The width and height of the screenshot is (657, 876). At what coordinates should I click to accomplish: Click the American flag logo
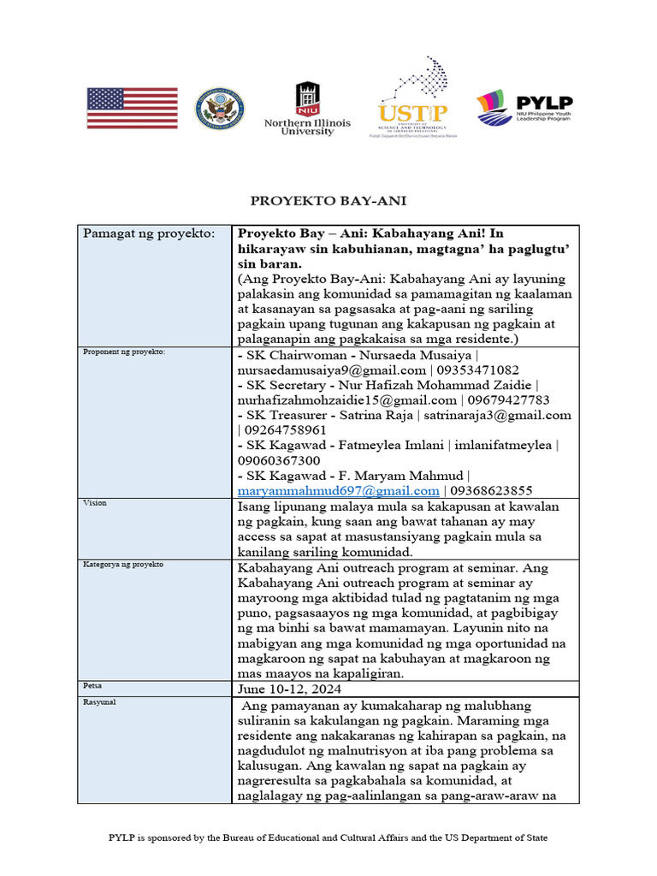[x=132, y=109]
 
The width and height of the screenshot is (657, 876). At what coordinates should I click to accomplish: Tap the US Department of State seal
[x=219, y=109]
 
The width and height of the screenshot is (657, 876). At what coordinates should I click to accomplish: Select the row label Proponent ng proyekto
[x=123, y=352]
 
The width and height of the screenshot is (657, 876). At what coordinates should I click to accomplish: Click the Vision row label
[x=95, y=503]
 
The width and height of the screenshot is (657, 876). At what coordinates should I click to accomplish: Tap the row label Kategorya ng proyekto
[x=123, y=565]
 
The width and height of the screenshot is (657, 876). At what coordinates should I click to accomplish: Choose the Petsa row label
[x=92, y=685]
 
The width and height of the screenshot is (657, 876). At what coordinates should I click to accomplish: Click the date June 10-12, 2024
[x=288, y=689]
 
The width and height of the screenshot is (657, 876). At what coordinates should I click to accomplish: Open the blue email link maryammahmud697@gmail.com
[x=338, y=491]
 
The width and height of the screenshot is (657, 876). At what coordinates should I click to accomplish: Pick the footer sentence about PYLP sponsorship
[x=328, y=838]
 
